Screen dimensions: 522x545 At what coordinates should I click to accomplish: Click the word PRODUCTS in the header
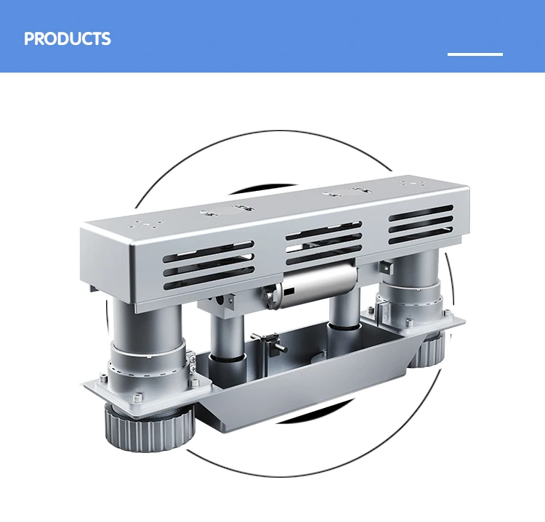[68, 38]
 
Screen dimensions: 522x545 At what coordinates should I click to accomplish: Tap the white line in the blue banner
[475, 54]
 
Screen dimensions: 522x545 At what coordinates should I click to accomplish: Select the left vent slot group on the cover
[208, 261]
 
